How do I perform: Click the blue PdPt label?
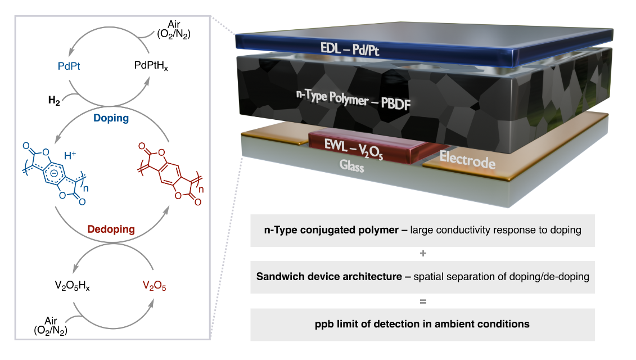(69, 66)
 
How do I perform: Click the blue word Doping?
(112, 118)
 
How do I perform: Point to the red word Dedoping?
(111, 229)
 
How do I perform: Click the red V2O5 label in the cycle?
(155, 287)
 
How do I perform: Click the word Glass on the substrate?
(352, 167)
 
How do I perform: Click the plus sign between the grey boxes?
(422, 254)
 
